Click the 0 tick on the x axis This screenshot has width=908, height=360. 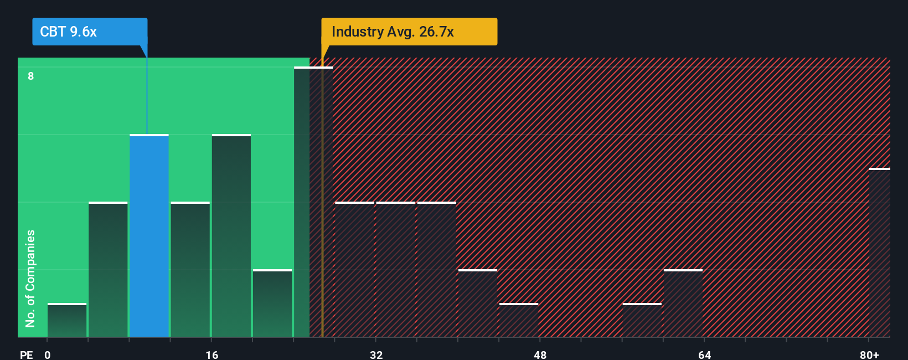tap(48, 354)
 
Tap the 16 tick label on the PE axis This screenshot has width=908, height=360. tap(211, 354)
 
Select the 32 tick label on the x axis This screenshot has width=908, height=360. tap(376, 354)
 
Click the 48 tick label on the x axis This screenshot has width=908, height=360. tap(540, 354)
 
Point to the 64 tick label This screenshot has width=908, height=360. tap(704, 354)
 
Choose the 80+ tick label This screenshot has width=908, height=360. tap(869, 354)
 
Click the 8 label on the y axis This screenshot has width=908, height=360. tap(31, 76)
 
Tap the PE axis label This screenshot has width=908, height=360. tap(26, 354)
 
